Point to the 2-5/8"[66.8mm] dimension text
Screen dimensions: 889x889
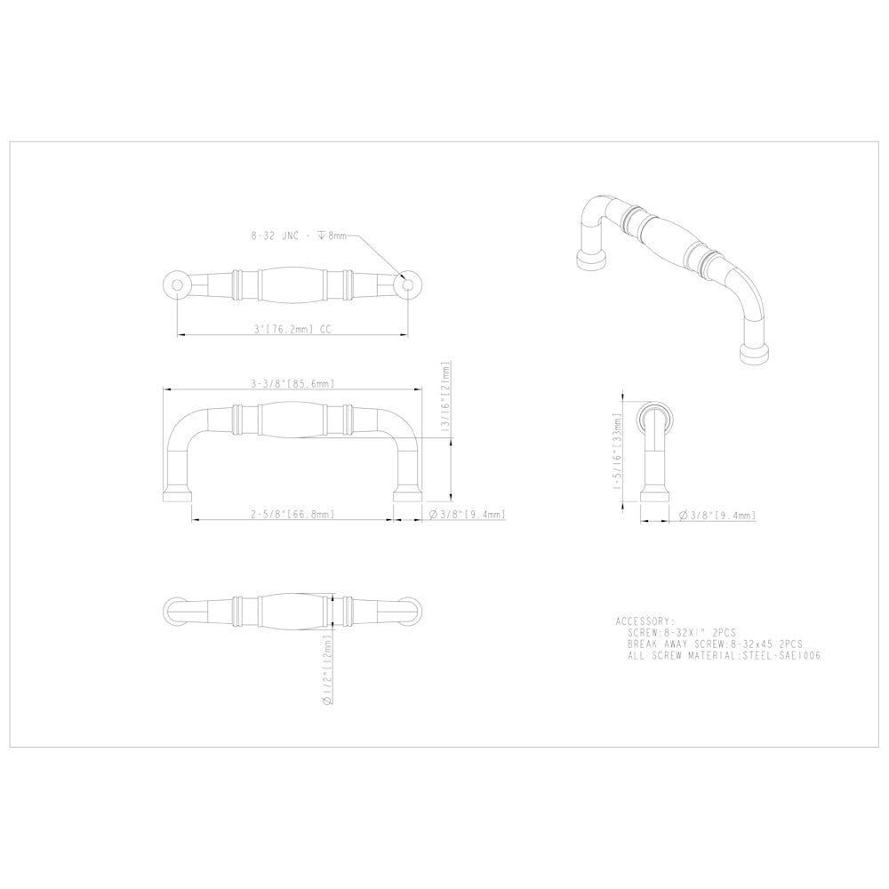tap(292, 515)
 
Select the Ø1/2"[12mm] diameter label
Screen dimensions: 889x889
tap(328, 670)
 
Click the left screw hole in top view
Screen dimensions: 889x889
tap(177, 285)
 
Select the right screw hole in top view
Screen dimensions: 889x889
tap(408, 285)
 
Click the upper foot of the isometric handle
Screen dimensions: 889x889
tap(591, 259)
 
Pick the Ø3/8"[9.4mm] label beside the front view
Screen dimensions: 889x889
tap(467, 515)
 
